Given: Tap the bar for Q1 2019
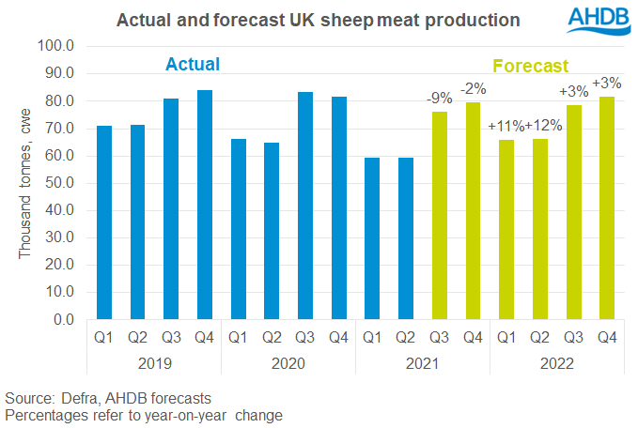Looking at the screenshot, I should (x=104, y=222).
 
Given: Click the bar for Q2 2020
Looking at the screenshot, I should (x=272, y=231).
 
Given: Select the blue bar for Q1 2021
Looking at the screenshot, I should (x=373, y=238).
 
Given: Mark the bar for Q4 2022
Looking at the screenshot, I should (x=608, y=208).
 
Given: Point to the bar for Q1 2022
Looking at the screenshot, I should (x=507, y=230).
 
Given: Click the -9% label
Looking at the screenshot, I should (x=440, y=97).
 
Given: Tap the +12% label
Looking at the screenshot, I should (x=542, y=125).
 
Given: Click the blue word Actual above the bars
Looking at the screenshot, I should (x=193, y=65).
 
